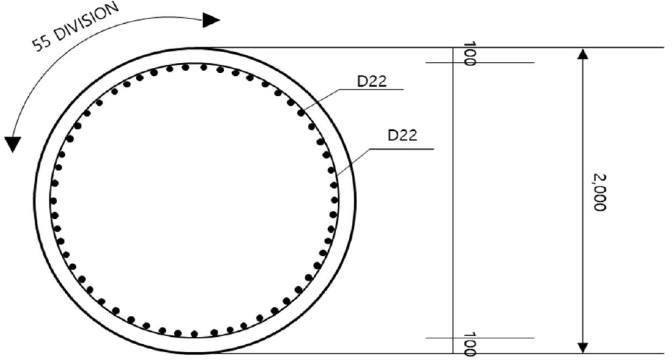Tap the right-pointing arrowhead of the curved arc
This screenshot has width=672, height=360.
point(211,20)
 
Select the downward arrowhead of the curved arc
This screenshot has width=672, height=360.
point(12,144)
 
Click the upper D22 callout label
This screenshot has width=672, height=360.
point(372,81)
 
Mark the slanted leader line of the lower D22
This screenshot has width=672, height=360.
point(354,160)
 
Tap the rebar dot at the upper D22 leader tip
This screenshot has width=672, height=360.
point(301,113)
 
